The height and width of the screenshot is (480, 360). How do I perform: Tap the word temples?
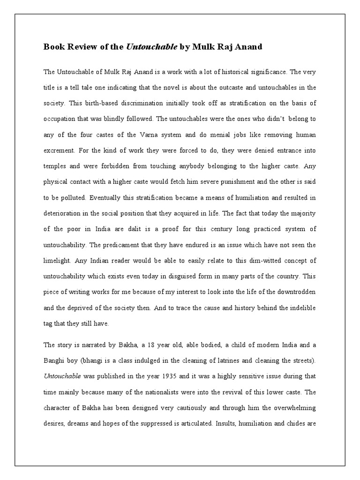click(x=56, y=166)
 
